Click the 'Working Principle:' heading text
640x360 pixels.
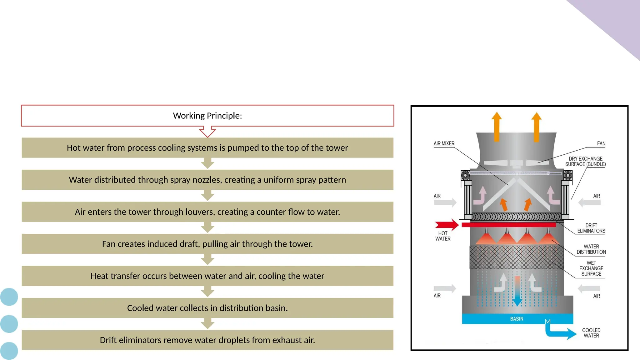coord(207,116)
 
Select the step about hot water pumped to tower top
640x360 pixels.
coord(207,148)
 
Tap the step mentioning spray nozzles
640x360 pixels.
coord(207,180)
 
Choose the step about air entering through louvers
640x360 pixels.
coord(207,212)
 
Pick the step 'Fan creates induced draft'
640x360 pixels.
coord(207,244)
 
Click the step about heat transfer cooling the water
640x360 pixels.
coord(207,276)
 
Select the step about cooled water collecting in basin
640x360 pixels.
coord(207,308)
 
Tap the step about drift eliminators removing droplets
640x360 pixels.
coord(207,340)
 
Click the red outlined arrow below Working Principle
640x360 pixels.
coord(207,132)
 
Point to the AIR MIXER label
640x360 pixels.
coord(444,143)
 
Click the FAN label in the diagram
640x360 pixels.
coord(601,143)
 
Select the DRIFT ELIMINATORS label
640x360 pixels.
coord(591,228)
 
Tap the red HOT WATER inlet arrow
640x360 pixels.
coord(446,225)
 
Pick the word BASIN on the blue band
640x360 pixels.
coord(517,319)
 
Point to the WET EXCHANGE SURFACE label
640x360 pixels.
coord(591,268)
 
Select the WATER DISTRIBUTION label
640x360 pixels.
coord(591,249)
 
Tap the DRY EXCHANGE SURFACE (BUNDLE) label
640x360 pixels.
coord(585,162)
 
